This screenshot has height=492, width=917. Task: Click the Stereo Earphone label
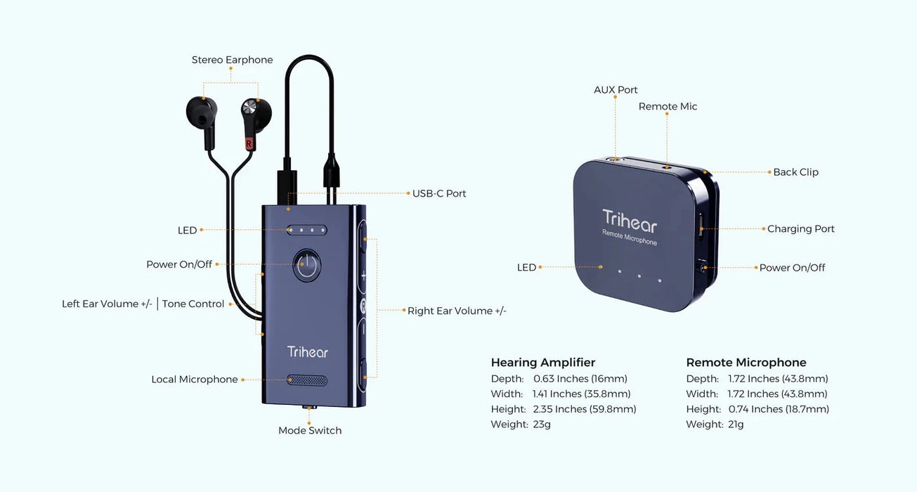[x=232, y=60]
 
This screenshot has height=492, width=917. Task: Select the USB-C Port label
[x=439, y=193]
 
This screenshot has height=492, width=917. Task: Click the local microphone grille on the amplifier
[x=307, y=380]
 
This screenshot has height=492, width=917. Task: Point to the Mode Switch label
[x=310, y=431]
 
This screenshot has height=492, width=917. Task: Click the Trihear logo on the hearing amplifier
[x=307, y=352]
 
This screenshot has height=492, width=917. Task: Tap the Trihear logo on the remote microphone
[x=629, y=221]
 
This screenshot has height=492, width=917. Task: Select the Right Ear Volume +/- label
[x=457, y=311]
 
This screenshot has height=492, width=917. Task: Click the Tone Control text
[x=193, y=304]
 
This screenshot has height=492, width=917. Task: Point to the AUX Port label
[x=616, y=90]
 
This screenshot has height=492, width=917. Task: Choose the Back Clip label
[x=795, y=172]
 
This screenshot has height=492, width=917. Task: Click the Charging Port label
[x=800, y=229]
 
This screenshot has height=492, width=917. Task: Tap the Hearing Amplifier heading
[x=542, y=363]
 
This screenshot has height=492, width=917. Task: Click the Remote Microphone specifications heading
[x=746, y=363]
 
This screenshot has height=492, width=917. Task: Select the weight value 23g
[x=542, y=425]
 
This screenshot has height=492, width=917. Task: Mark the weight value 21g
[x=736, y=425]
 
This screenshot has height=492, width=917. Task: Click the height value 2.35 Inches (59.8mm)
[x=585, y=409]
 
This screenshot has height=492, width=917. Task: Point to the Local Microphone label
[x=195, y=380]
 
